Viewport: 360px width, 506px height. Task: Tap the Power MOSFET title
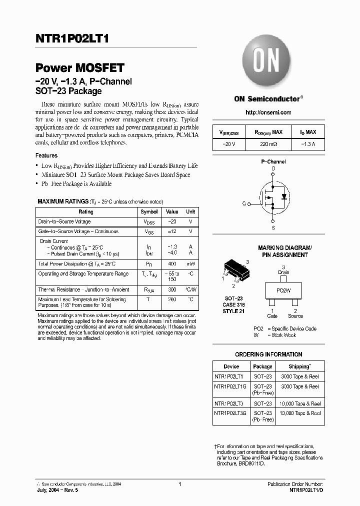click(x=79, y=68)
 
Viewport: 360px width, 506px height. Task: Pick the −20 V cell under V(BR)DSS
click(x=228, y=144)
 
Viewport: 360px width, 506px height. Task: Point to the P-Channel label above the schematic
click(x=273, y=162)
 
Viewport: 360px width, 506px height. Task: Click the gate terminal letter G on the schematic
click(x=244, y=204)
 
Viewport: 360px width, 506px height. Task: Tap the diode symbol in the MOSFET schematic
click(x=284, y=196)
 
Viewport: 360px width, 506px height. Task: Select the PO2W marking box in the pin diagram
click(x=283, y=290)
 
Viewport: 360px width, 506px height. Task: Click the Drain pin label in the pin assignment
click(x=283, y=272)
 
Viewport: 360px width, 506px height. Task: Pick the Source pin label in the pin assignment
click(x=295, y=316)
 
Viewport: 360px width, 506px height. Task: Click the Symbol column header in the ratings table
click(x=149, y=212)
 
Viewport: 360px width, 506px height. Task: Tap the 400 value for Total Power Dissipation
click(x=171, y=264)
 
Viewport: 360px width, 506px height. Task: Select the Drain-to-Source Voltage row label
click(x=64, y=221)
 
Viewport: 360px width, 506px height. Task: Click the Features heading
click(x=46, y=155)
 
